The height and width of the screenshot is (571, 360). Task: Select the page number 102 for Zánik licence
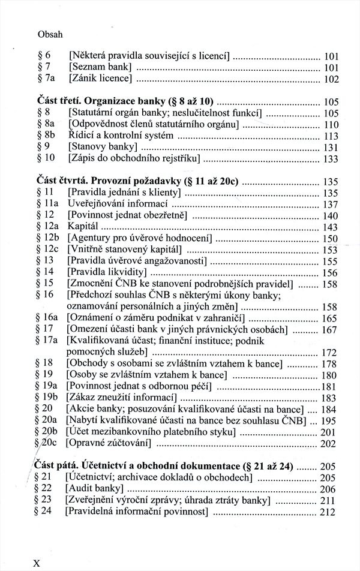[331, 79]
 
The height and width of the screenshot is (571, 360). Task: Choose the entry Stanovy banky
[103, 147]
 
